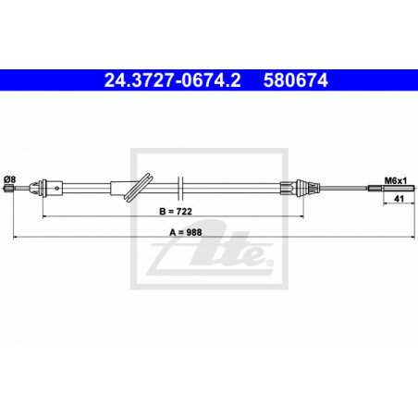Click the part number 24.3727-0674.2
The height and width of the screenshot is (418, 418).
(x=172, y=80)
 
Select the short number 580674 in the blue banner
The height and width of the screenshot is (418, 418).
(x=295, y=80)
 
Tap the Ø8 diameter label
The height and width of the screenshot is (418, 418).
(x=9, y=179)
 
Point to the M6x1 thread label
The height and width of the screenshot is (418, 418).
(x=396, y=180)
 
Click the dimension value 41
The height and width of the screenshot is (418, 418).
(x=399, y=199)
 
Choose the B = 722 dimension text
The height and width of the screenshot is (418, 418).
(x=176, y=211)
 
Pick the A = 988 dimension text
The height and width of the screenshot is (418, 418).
(x=186, y=232)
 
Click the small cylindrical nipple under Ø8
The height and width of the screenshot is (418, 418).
(x=9, y=188)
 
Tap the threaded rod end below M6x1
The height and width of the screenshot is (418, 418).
(x=391, y=188)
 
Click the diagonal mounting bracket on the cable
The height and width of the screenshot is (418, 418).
(x=138, y=188)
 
